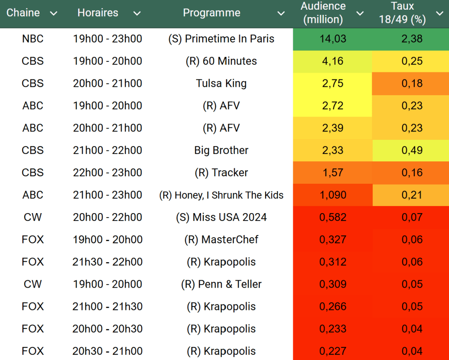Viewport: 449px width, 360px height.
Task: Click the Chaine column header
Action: click(23, 13)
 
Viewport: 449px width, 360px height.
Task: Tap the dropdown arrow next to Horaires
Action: click(137, 14)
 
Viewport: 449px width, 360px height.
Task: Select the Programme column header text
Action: click(212, 13)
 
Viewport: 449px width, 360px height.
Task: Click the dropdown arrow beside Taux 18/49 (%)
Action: click(439, 14)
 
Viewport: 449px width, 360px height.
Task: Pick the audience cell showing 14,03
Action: click(333, 39)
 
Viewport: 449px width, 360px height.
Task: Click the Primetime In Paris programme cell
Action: click(221, 39)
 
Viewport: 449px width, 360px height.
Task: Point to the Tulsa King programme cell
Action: click(221, 83)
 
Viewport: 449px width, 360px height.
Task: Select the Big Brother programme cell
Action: click(221, 150)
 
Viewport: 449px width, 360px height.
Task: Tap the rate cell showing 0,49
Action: click(412, 150)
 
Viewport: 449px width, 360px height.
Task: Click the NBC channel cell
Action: click(33, 39)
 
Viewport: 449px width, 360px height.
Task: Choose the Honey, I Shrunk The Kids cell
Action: click(221, 195)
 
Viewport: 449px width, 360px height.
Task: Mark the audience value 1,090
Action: click(333, 195)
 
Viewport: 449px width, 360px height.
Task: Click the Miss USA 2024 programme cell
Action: click(221, 217)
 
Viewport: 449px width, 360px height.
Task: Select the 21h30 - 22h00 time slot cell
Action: click(108, 262)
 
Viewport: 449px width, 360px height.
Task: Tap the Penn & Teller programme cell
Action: click(221, 284)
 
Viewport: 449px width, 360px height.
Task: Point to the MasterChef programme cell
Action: click(221, 240)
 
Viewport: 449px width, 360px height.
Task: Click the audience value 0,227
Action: click(333, 351)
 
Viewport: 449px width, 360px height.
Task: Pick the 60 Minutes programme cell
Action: click(221, 61)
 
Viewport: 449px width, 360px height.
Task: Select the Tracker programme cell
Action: click(221, 173)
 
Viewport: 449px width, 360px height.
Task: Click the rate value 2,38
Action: click(412, 39)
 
